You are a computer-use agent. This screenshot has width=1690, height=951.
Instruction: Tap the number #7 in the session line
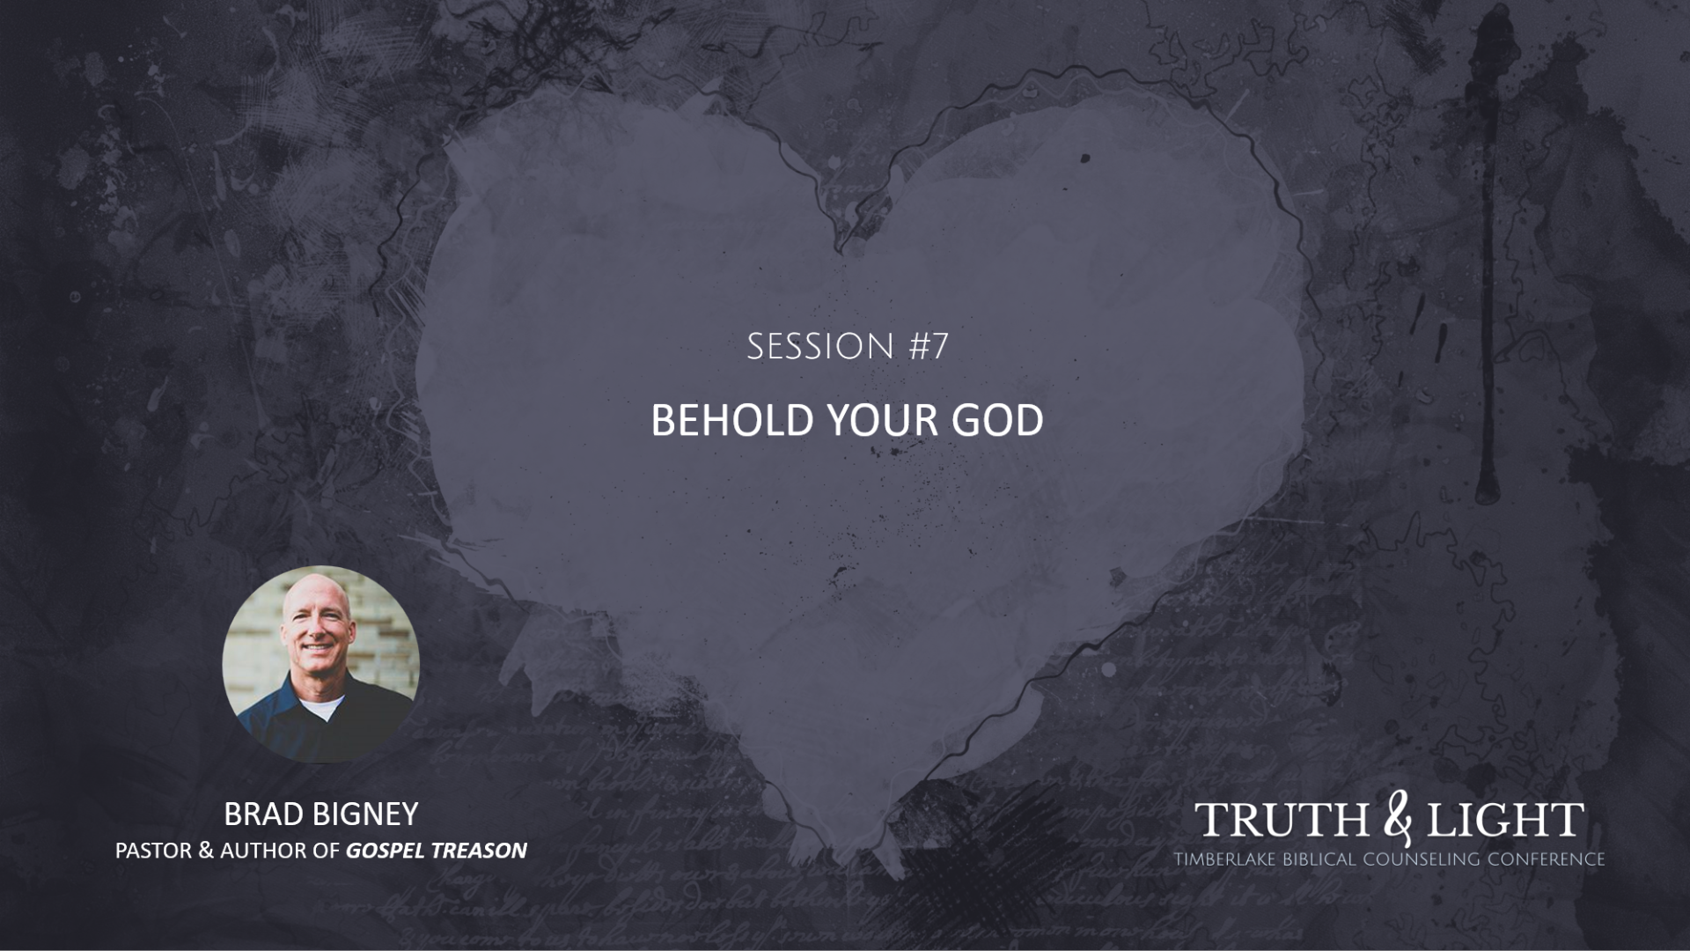coord(928,347)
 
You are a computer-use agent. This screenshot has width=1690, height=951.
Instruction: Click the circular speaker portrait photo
coord(320,664)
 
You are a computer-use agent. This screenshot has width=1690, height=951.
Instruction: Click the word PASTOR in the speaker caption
coord(153,851)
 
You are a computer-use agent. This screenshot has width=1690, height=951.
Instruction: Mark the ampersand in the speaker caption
coord(206,851)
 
